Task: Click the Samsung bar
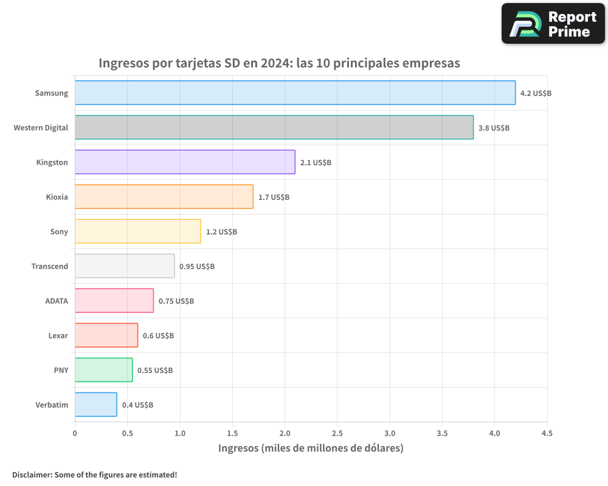[x=295, y=93]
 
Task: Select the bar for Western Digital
[x=274, y=128]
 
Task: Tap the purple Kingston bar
[x=185, y=162]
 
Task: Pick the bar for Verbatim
[x=95, y=405]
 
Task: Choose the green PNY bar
[x=103, y=370]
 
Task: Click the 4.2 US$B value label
[x=536, y=94]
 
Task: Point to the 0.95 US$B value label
[x=197, y=267]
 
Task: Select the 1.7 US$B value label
[x=274, y=197]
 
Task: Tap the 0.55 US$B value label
[x=155, y=371]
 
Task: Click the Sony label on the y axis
[x=59, y=231]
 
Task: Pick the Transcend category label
[x=50, y=266]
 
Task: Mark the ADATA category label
[x=57, y=301]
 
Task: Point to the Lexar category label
[x=58, y=335]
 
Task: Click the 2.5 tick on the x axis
[x=337, y=433]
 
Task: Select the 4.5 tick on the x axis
[x=547, y=433]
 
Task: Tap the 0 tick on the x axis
[x=75, y=433]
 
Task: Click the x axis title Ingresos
[x=238, y=448]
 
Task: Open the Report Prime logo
[x=553, y=24]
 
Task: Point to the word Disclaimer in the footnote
[x=32, y=474]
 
